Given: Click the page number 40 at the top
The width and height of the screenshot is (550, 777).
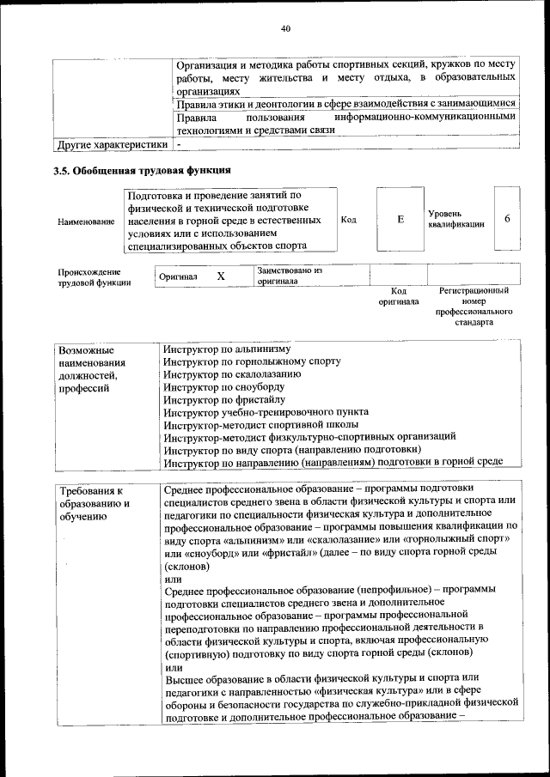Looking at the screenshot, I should coord(286,29).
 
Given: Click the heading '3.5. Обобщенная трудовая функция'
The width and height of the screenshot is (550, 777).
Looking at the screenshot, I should coord(143,170).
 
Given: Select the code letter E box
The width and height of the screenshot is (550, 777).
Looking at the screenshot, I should coord(400,220).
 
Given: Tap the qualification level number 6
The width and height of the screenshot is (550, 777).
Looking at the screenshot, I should coord(507,219).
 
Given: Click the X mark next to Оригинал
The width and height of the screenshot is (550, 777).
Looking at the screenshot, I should coord(221,276).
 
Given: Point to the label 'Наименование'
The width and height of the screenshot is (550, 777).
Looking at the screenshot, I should coord(86,222).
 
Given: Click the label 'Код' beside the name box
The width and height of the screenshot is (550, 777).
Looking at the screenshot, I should coord(349,220).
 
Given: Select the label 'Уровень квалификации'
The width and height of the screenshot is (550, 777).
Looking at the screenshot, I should coord(455,218).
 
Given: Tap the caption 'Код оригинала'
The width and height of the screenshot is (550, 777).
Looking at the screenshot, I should coord(399,296).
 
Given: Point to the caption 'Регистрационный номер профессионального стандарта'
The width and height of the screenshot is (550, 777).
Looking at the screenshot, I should coord(474,307).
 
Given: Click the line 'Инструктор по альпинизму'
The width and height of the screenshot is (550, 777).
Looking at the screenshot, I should coord(228,349).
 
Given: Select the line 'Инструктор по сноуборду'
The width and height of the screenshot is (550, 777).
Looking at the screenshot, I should coord(224,387).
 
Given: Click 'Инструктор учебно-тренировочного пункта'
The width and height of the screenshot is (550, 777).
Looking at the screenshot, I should coord(266,413).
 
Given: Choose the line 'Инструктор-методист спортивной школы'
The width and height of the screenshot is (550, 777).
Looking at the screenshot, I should coord(261,425).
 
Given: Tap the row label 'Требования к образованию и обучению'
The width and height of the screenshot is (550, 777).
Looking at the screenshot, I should coord(93,503).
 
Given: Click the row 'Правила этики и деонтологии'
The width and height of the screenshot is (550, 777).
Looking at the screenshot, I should coord(345,103).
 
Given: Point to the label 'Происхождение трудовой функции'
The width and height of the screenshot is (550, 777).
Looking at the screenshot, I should coord(95,276).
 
